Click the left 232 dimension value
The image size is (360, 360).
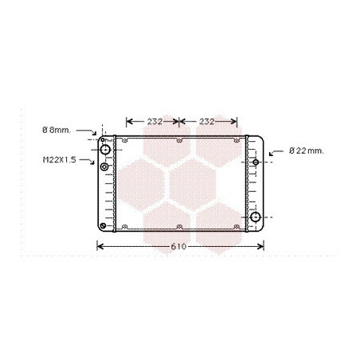click(155, 122)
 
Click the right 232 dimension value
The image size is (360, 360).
click(206, 122)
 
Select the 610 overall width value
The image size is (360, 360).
click(178, 247)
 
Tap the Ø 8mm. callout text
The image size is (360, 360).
click(57, 130)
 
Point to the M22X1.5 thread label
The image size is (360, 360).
click(60, 160)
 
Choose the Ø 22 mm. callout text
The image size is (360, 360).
click(307, 151)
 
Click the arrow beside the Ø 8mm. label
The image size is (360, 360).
click(87, 131)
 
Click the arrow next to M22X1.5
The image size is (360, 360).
click(87, 161)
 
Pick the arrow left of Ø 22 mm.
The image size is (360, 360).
click(276, 152)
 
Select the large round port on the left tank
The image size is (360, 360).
click(105, 150)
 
